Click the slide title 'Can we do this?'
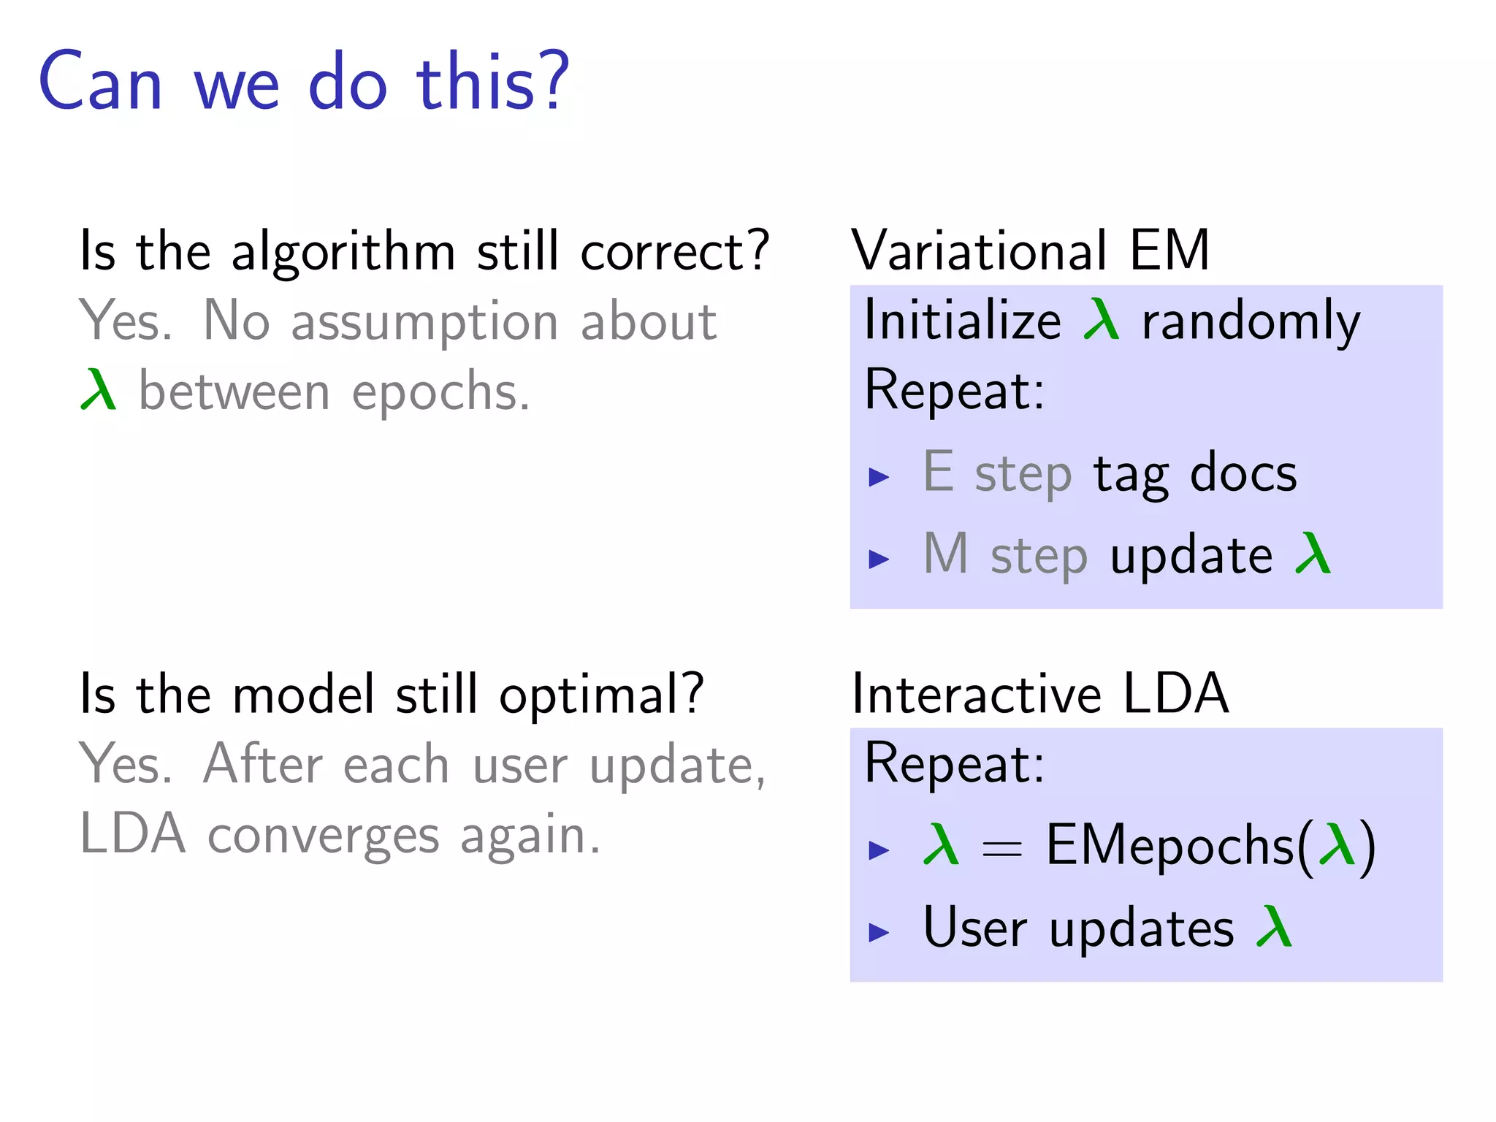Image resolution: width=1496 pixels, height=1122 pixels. click(303, 82)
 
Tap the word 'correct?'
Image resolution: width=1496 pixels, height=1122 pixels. click(675, 251)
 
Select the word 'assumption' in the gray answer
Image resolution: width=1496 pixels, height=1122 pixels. click(424, 321)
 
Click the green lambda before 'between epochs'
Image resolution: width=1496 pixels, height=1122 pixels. click(99, 391)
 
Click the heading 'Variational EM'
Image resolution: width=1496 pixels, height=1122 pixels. click(1030, 251)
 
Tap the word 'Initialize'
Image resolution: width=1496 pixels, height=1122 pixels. click(962, 321)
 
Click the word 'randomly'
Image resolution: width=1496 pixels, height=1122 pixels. click(1251, 322)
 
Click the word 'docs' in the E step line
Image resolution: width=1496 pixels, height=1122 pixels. click(1243, 473)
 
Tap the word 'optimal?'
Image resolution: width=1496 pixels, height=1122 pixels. click(601, 694)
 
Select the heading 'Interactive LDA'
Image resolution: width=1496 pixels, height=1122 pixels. click(1040, 694)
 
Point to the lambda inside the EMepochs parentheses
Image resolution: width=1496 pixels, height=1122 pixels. click(1337, 844)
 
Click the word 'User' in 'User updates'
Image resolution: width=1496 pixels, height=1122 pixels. click(975, 928)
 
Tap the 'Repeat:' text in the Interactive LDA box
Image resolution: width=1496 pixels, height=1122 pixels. click(954, 764)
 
